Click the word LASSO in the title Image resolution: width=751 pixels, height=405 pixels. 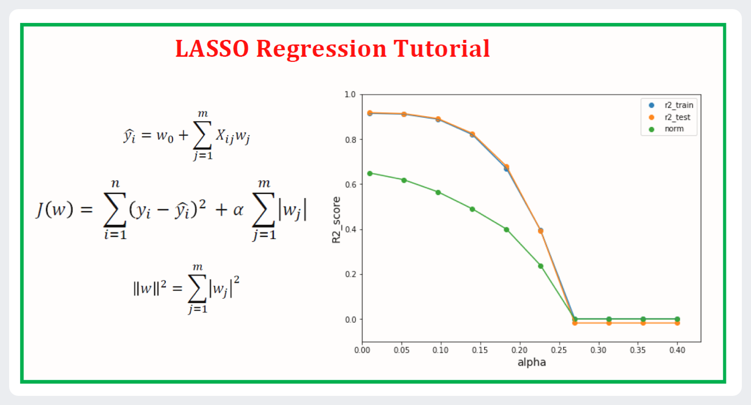pos(212,49)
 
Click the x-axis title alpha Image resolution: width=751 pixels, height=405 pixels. pos(531,362)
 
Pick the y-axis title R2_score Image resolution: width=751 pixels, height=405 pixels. pos(337,220)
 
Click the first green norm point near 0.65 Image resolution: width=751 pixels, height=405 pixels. pos(370,173)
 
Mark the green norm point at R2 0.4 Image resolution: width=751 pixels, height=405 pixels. pos(507,229)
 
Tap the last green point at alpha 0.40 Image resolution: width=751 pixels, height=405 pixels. pos(677,319)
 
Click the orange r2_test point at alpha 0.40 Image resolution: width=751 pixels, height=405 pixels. pos(677,323)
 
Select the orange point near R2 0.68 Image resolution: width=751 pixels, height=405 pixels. pos(507,167)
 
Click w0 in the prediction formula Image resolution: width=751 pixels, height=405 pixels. pos(165,137)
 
